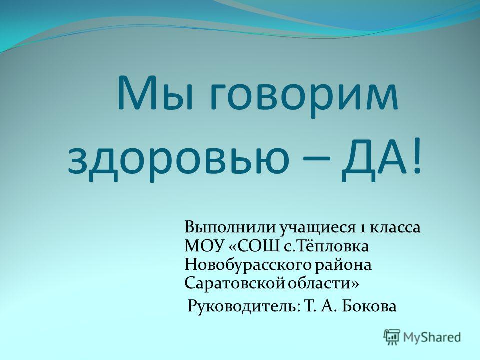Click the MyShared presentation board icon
tap(392, 337)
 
